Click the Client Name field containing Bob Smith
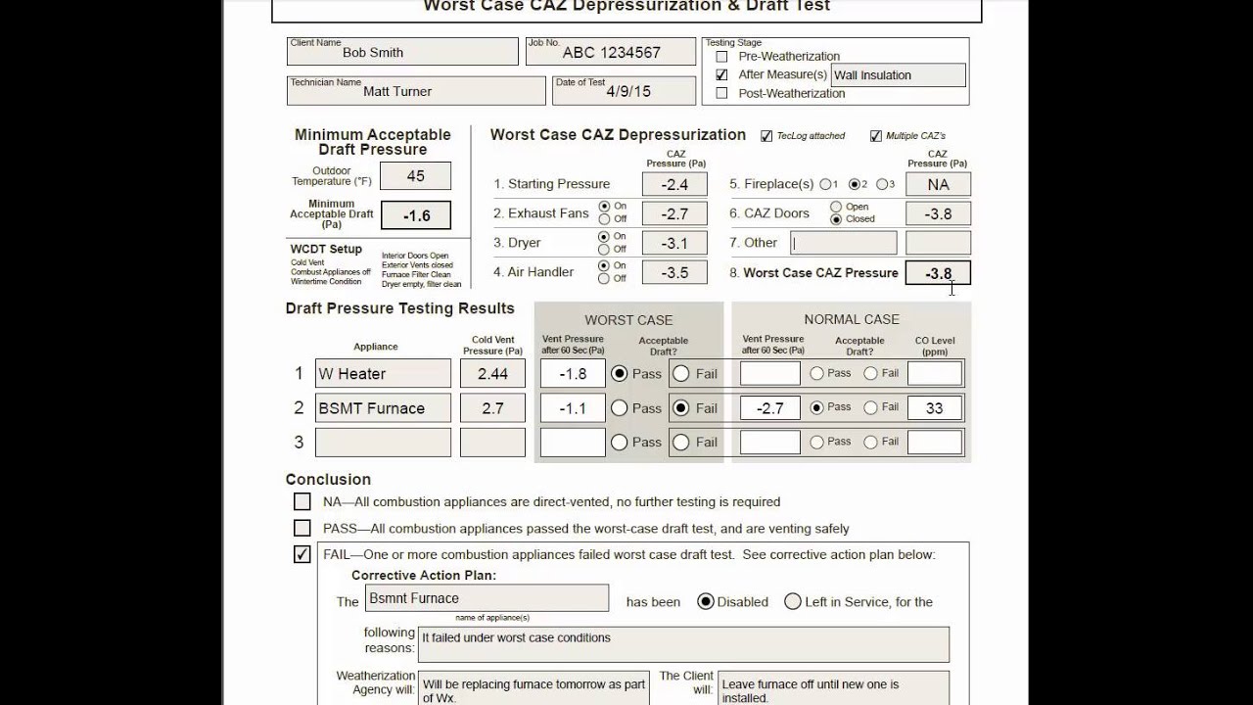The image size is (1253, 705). (402, 52)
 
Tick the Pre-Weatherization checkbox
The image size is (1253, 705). (722, 57)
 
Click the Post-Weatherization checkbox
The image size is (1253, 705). (722, 94)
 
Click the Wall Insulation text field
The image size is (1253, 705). (898, 75)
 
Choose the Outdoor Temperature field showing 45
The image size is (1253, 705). (415, 176)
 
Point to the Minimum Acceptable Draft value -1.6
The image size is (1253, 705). (415, 215)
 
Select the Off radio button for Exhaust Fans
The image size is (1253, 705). (604, 219)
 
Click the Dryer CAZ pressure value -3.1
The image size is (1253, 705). (674, 244)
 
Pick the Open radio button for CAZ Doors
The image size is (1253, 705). (836, 207)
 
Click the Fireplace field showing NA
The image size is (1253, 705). (938, 184)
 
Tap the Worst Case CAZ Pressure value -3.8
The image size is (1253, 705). (938, 274)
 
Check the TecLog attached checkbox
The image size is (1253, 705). (766, 136)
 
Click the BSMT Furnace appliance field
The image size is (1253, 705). (383, 408)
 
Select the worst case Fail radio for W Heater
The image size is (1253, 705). (681, 373)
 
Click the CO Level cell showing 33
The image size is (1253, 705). (935, 408)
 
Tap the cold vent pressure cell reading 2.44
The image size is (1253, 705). (492, 373)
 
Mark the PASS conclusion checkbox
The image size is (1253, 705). (302, 529)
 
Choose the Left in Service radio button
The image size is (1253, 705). (793, 601)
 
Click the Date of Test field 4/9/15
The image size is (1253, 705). (611, 91)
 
